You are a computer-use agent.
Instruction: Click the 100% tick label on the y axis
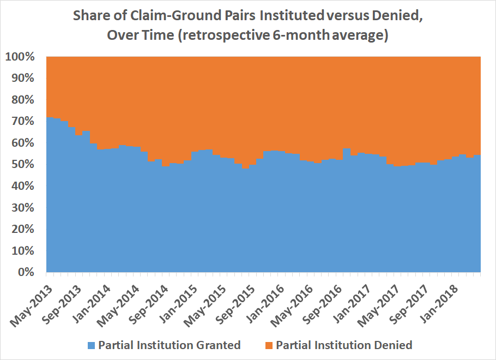point(21,57)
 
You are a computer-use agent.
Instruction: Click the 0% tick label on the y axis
point(27,272)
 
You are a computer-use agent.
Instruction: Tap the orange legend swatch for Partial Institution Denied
point(269,345)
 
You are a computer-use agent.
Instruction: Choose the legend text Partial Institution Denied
point(344,345)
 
